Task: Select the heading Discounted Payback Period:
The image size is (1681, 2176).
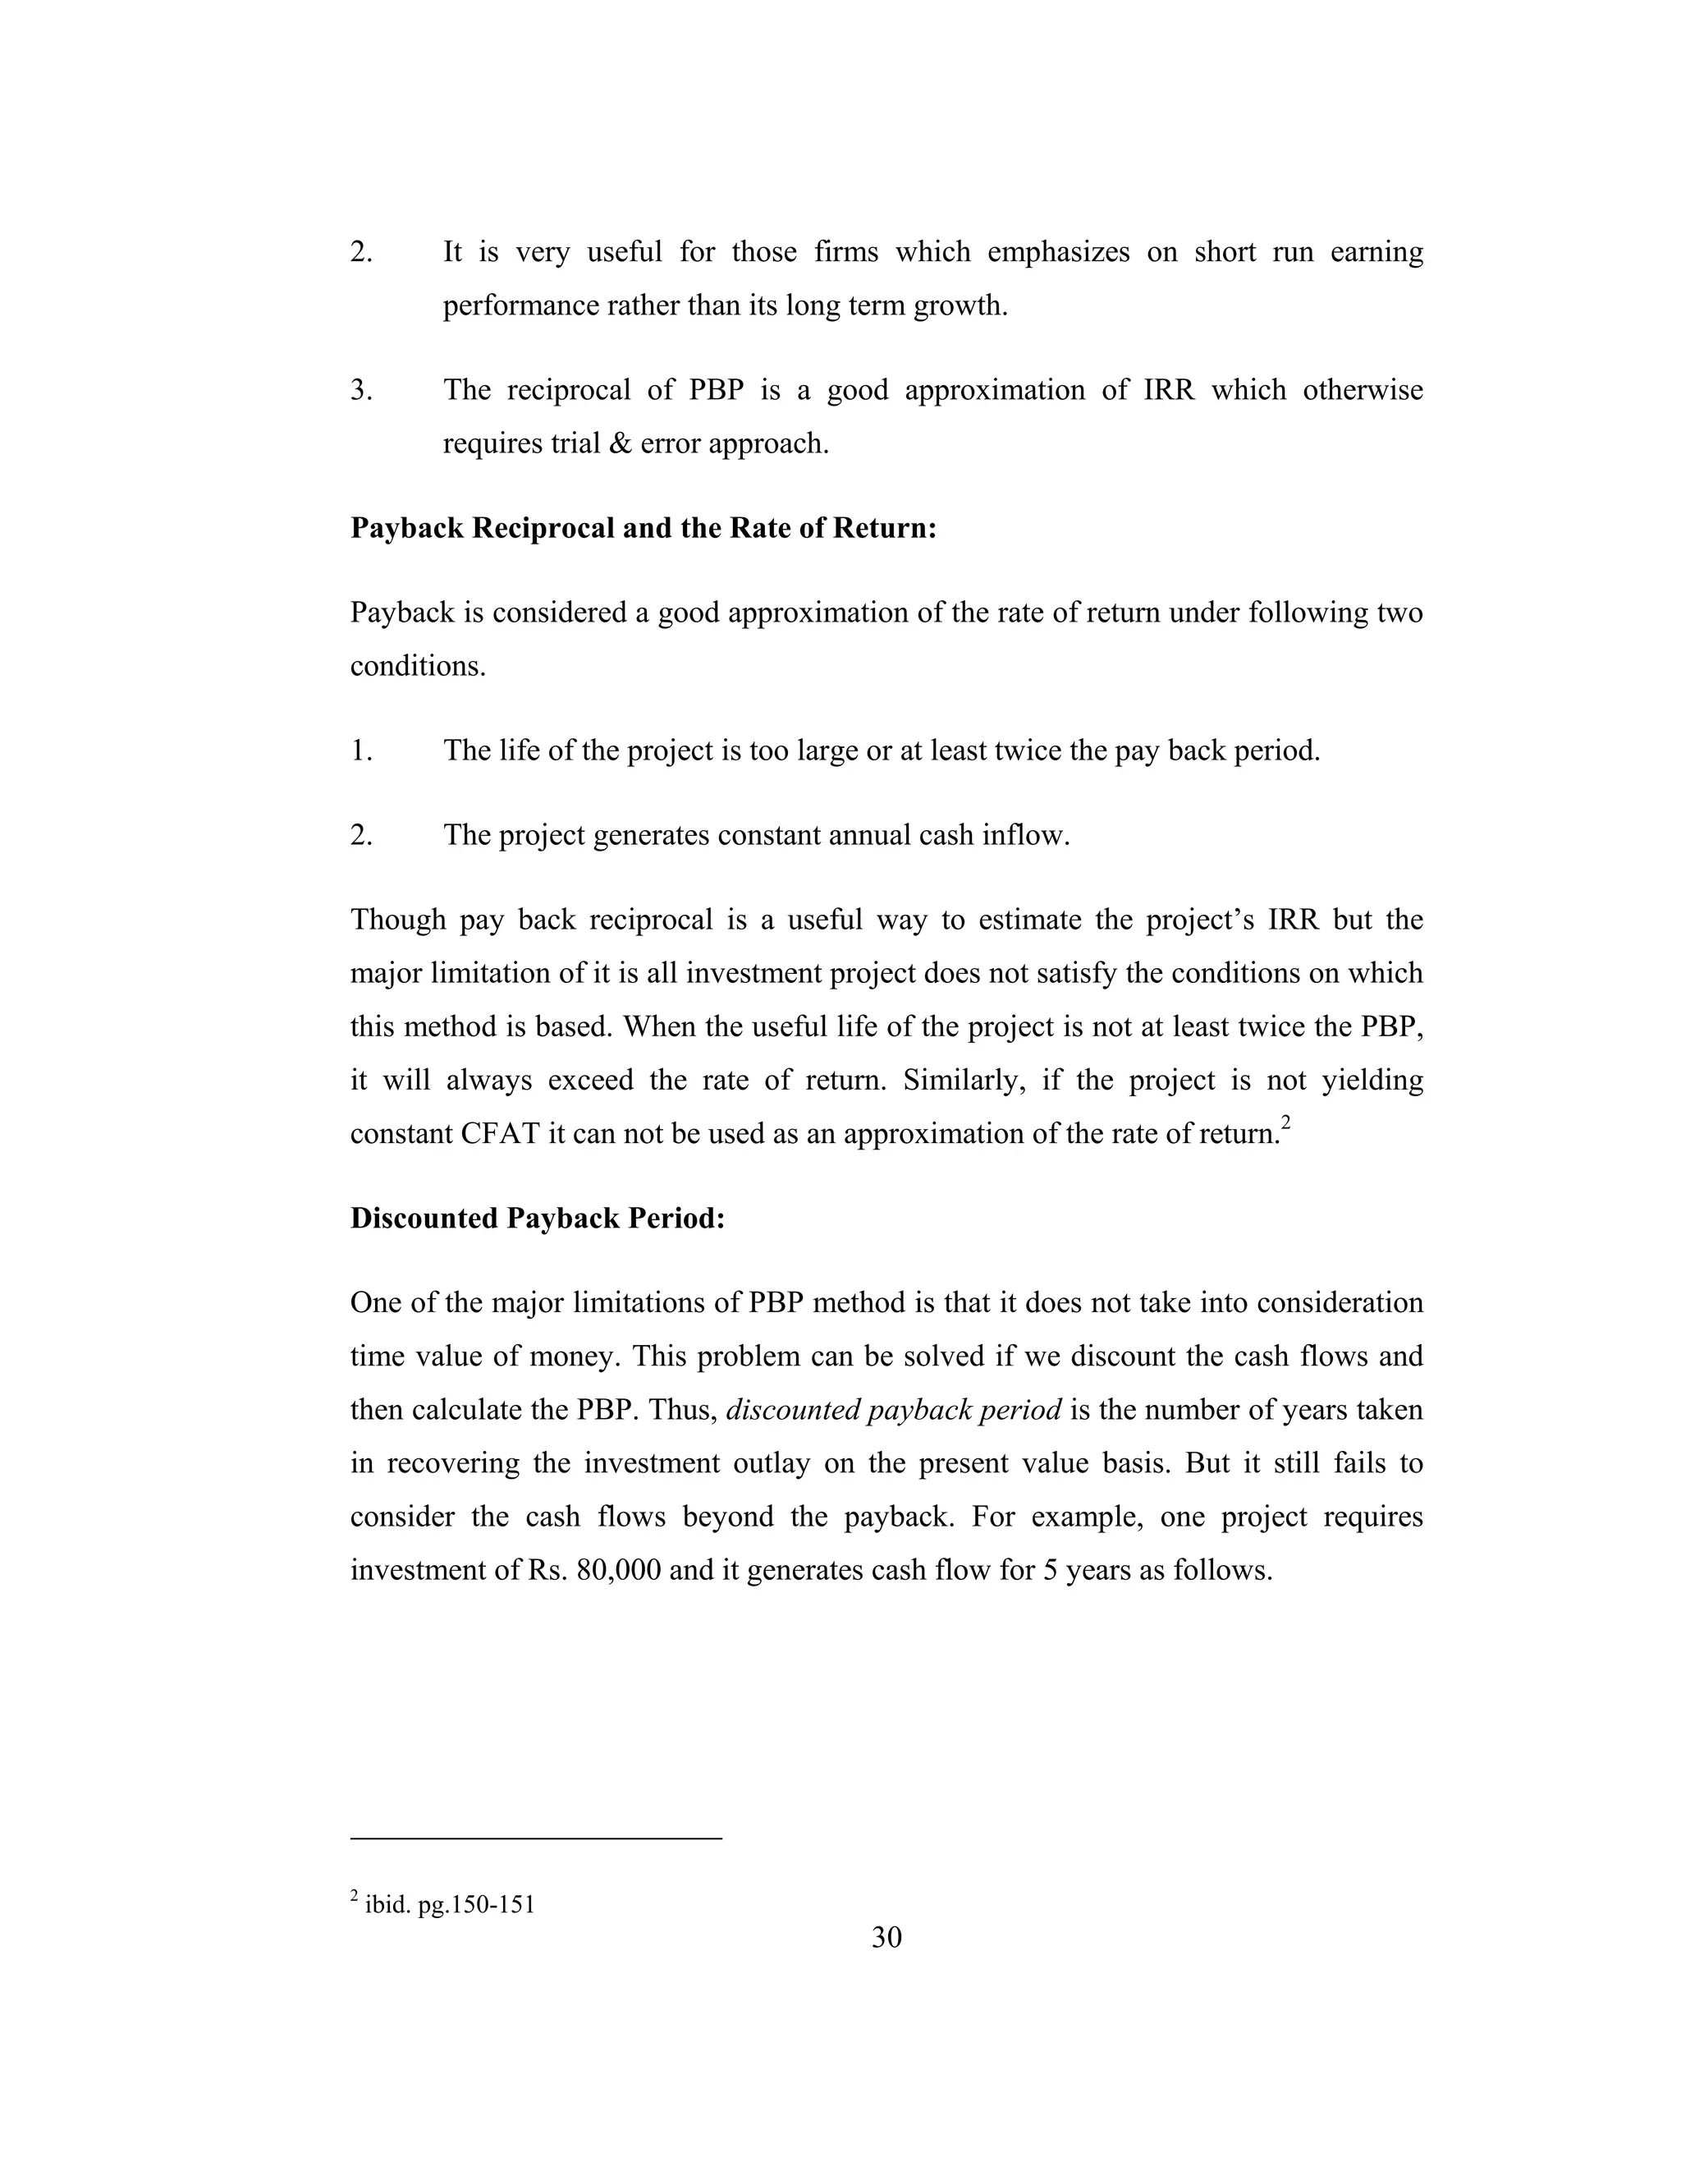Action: tap(537, 1219)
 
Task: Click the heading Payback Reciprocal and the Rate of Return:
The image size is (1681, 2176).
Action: tap(644, 528)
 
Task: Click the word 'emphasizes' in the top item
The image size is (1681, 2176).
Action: tap(1057, 252)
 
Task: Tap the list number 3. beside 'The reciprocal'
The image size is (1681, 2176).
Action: tap(361, 389)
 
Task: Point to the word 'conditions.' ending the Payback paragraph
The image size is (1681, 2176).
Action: tap(417, 667)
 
